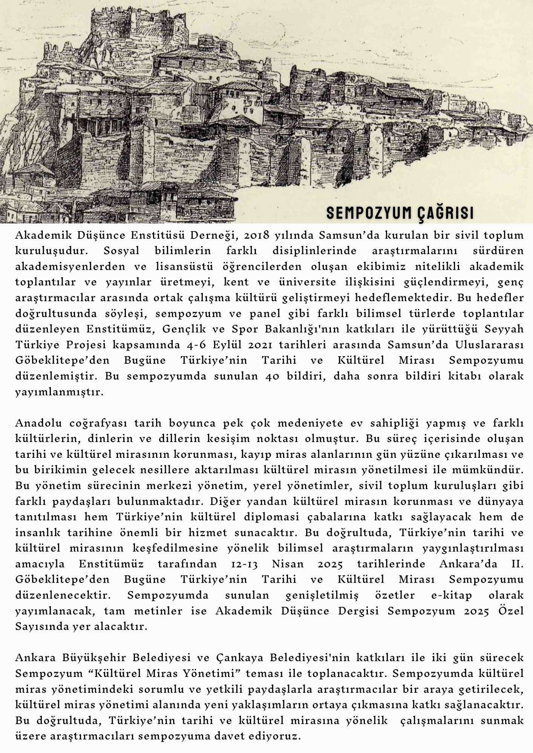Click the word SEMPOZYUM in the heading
(368, 213)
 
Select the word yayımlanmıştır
(59, 392)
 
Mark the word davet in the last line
(255, 736)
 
